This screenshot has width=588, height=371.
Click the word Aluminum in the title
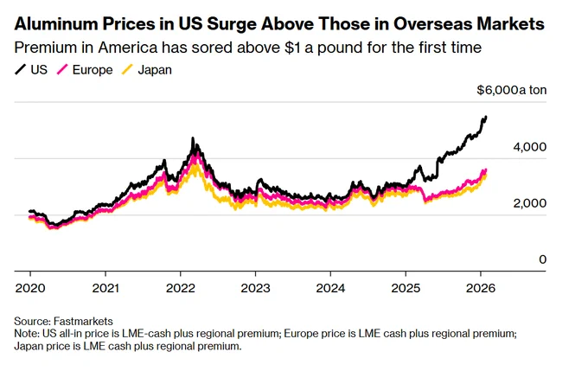coord(56,24)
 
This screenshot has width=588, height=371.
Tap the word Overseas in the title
coord(431,24)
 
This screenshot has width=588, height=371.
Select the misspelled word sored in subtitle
coord(220,48)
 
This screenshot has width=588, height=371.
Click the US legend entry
coord(31,70)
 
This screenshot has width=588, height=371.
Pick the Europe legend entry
coord(85,70)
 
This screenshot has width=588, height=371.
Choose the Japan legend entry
coord(147,70)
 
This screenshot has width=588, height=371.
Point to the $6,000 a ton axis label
coord(512,90)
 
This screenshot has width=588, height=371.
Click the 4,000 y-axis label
coord(529,147)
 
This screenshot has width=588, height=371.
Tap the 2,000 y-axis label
coord(529,203)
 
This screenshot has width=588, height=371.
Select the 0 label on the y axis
coord(543,259)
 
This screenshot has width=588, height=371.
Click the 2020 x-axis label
coord(30,288)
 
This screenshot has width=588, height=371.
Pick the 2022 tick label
coord(181,288)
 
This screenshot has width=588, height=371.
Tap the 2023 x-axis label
coord(255,288)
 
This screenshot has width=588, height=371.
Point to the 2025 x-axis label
coord(406,288)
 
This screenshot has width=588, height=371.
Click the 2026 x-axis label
coord(481,288)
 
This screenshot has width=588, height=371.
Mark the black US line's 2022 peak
coord(193,138)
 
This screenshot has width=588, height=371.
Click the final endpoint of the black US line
coord(486,117)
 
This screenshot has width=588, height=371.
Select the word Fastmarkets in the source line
coord(83,322)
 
